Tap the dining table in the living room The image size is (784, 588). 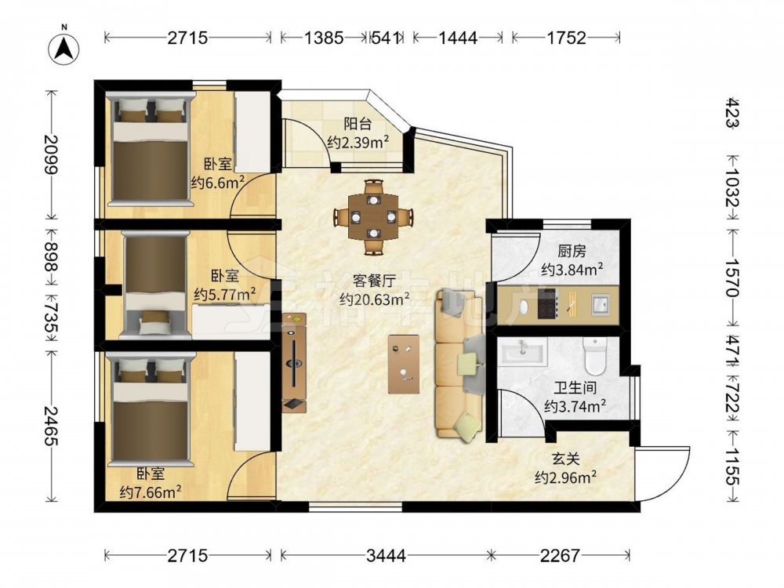(x=373, y=217)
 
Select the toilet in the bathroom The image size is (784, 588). (x=595, y=356)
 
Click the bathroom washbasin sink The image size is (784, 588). (x=523, y=351)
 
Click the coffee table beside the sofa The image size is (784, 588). (x=404, y=364)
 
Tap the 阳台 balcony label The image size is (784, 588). (x=358, y=123)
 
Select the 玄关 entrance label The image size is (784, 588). (x=565, y=458)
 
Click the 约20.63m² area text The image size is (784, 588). (x=375, y=299)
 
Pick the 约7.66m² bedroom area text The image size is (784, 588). (x=151, y=492)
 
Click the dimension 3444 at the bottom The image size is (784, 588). (x=386, y=555)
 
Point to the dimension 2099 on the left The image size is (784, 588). (x=50, y=154)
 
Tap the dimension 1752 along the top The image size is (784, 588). (x=566, y=38)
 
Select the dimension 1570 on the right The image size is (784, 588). (x=731, y=277)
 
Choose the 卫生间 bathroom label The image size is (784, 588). (x=575, y=387)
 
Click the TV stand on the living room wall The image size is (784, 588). (x=294, y=363)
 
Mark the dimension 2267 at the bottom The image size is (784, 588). (x=560, y=555)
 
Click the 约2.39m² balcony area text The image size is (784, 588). (x=358, y=142)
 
